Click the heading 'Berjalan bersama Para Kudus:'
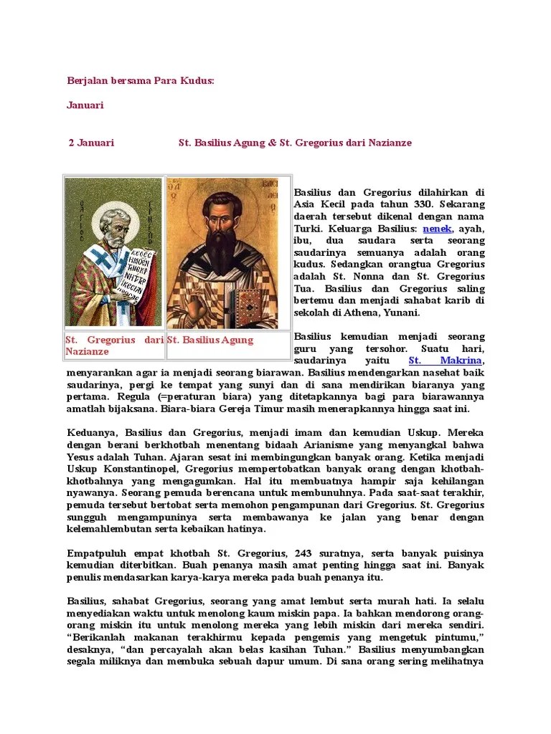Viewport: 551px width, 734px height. point(141,81)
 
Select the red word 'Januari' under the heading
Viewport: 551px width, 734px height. point(85,105)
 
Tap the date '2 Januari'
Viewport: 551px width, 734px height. point(91,143)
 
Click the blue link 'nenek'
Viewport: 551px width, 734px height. point(438,228)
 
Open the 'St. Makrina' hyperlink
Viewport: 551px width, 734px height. point(446,360)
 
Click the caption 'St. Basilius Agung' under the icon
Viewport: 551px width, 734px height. point(210,340)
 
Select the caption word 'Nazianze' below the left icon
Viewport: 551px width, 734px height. point(87,351)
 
